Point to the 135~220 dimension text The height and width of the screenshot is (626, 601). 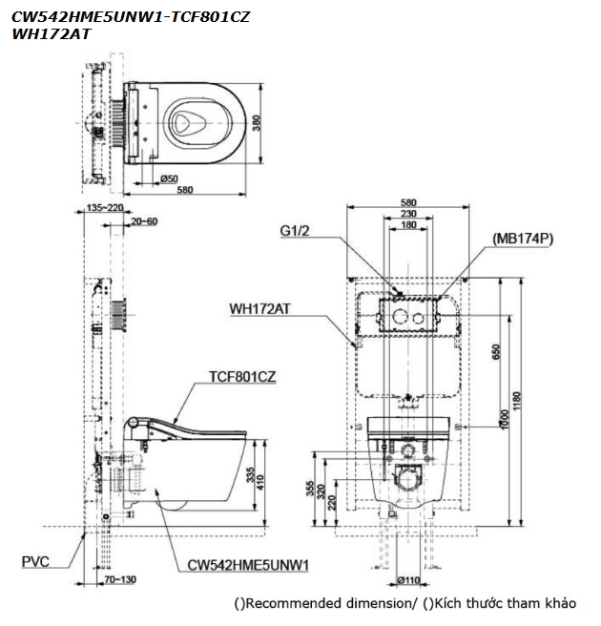[x=104, y=207]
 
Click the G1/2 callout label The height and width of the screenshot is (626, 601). [x=296, y=231]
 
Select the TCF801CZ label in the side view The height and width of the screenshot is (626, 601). [x=242, y=377]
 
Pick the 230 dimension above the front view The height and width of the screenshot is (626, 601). [x=408, y=214]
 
